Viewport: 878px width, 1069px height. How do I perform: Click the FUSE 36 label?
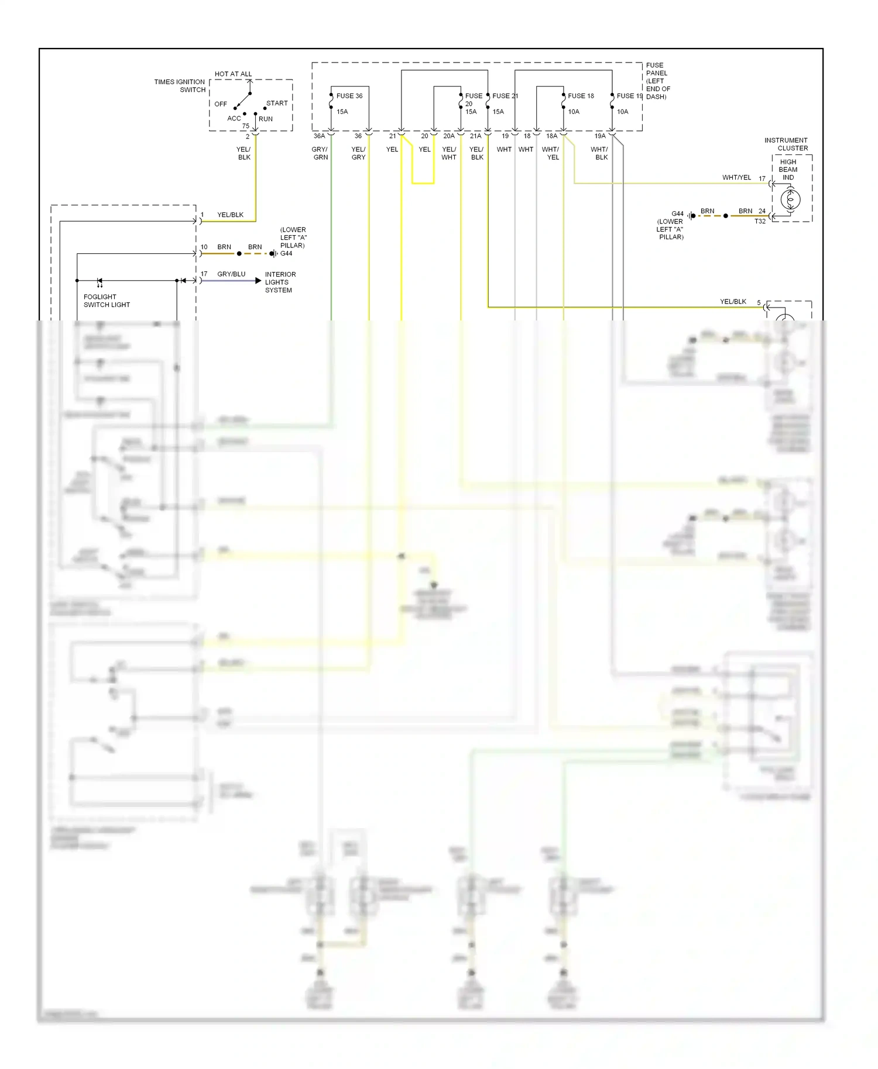pyautogui.click(x=349, y=96)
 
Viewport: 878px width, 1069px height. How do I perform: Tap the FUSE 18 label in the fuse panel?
pyautogui.click(x=581, y=96)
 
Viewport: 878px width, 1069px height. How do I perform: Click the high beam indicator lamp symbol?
pyautogui.click(x=790, y=200)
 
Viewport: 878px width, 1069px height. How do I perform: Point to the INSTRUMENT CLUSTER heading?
pyautogui.click(x=786, y=144)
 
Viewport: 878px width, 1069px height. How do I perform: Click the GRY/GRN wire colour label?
pyautogui.click(x=320, y=153)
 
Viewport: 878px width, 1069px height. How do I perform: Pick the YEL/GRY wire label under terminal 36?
pyautogui.click(x=358, y=153)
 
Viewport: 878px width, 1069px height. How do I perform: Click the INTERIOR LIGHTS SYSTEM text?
pyautogui.click(x=280, y=282)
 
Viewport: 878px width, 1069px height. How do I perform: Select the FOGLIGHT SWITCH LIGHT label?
pyautogui.click(x=107, y=301)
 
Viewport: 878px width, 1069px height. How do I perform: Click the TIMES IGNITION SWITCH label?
pyautogui.click(x=180, y=86)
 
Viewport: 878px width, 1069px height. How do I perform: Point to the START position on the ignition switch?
pyautogui.click(x=277, y=104)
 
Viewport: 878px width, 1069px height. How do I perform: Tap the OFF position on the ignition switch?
pyautogui.click(x=221, y=104)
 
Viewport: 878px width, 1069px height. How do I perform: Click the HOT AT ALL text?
pyautogui.click(x=233, y=74)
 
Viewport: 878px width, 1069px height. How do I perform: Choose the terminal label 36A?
pyautogui.click(x=319, y=136)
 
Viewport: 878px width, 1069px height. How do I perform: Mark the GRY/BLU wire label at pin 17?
pyautogui.click(x=231, y=274)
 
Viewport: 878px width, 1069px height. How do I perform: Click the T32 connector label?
pyautogui.click(x=760, y=222)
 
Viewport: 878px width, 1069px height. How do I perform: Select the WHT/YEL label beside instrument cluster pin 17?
pyautogui.click(x=736, y=178)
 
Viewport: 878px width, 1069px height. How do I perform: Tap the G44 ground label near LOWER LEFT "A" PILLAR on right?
pyautogui.click(x=677, y=214)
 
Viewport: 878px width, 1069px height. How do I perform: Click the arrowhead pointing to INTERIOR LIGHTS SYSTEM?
pyautogui.click(x=258, y=281)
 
